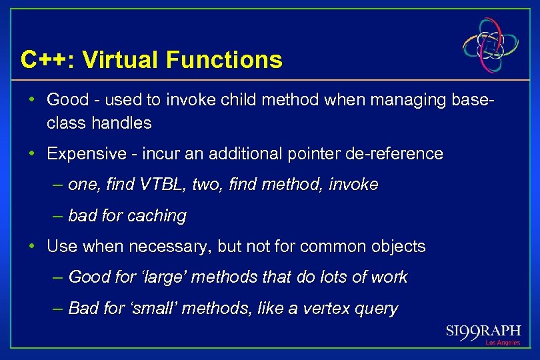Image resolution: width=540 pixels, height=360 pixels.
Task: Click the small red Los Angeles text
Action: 502,343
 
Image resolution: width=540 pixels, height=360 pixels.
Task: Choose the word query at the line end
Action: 379,309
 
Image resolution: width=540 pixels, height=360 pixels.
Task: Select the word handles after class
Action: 122,123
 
